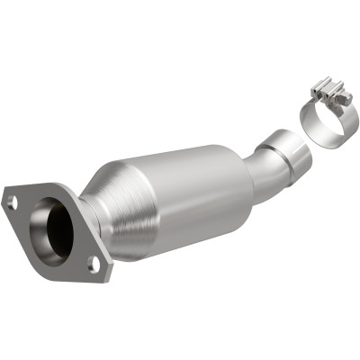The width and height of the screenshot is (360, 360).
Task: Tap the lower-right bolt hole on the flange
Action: coord(93,263)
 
